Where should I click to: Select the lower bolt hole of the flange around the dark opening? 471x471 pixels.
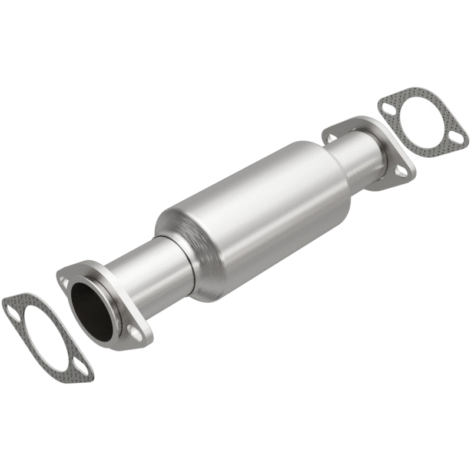click(x=135, y=333)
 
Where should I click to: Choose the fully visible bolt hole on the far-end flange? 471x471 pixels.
click(x=400, y=171)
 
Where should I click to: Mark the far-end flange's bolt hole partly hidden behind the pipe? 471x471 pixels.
click(x=331, y=138)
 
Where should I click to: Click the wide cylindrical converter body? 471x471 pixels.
click(x=259, y=212)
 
